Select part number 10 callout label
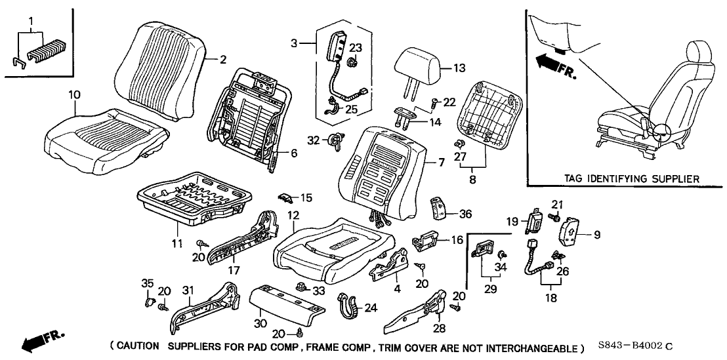75,96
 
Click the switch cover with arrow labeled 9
570,233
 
